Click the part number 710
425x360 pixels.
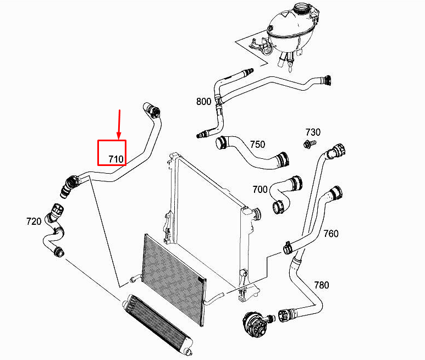pyautogui.click(x=116, y=159)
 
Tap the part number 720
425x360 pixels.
pyautogui.click(x=34, y=221)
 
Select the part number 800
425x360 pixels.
pyautogui.click(x=203, y=102)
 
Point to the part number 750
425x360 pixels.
pyautogui.click(x=257, y=145)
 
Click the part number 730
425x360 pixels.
pyautogui.click(x=313, y=132)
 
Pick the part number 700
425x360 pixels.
pyautogui.click(x=260, y=190)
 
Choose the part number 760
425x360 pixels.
pyautogui.click(x=331, y=234)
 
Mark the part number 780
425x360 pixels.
pyautogui.click(x=322, y=285)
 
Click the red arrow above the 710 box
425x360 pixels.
pyautogui.click(x=119, y=125)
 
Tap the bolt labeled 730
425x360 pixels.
pyautogui.click(x=310, y=143)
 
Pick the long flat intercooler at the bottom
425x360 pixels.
pyautogui.click(x=157, y=324)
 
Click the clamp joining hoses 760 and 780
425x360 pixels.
pyautogui.click(x=288, y=247)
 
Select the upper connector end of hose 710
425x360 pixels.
pyautogui.click(x=152, y=110)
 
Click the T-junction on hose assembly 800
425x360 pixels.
pyautogui.click(x=218, y=101)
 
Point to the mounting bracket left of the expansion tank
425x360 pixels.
pyautogui.click(x=260, y=46)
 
